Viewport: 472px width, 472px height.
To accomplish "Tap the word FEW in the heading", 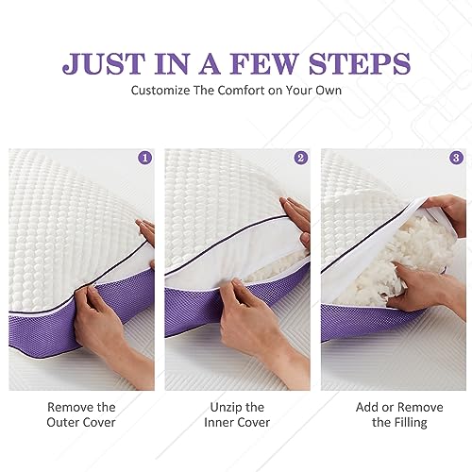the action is coord(265,64).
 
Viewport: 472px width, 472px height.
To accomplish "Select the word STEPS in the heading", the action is coord(360,64).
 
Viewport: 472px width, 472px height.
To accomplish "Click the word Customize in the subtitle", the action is coord(160,91).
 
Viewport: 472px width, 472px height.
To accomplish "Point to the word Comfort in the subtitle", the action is coord(241,91).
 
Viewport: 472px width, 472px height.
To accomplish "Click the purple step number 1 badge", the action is coord(145,158).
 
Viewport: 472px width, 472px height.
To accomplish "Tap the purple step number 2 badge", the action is coord(301,158).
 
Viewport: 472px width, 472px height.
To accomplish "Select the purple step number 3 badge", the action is coord(456,158).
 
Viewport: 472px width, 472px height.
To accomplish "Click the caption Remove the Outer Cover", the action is coord(81,414).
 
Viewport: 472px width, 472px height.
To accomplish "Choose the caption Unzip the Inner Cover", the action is coord(237,414).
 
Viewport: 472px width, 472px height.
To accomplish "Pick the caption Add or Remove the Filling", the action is coord(399,414).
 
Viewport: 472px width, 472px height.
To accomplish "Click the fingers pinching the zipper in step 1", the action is coord(87,295).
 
